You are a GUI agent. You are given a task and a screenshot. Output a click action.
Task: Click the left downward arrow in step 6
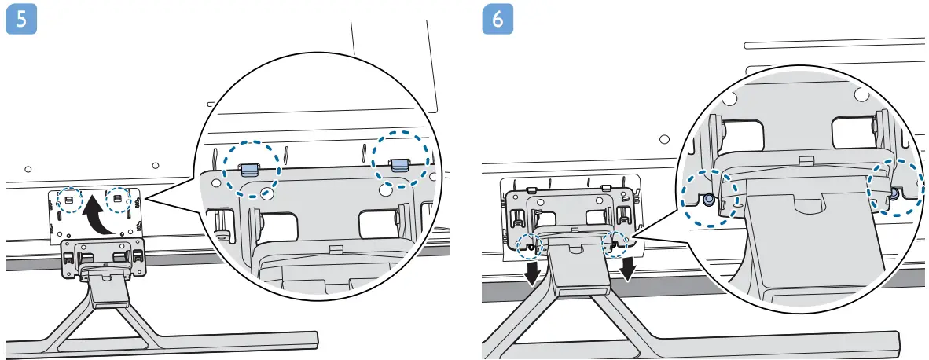532,273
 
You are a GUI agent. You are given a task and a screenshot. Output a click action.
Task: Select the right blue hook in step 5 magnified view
399,163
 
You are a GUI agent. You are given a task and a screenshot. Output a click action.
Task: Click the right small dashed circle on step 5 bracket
118,198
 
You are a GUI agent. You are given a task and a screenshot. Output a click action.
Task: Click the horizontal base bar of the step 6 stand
707,341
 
